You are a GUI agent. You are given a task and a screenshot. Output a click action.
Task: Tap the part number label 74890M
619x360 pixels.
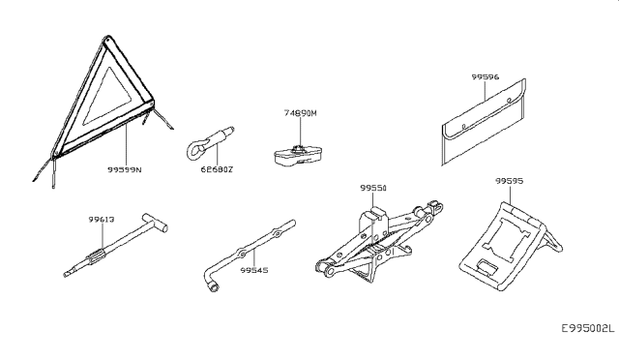301,113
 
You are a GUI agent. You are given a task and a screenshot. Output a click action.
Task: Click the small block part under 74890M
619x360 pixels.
295,152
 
